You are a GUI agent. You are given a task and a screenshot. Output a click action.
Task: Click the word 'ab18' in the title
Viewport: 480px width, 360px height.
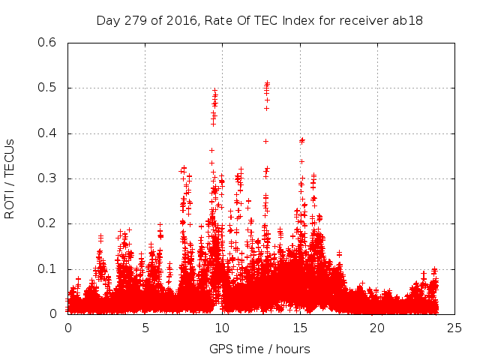[409, 20]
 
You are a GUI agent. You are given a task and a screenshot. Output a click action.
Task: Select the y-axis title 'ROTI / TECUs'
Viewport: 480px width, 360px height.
[10, 178]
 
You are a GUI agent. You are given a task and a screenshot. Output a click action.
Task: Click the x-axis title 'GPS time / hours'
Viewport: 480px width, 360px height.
[259, 349]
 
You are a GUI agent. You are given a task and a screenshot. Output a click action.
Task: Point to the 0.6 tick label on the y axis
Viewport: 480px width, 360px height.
[47, 43]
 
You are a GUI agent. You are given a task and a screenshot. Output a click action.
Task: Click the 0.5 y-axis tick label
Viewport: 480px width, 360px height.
[47, 88]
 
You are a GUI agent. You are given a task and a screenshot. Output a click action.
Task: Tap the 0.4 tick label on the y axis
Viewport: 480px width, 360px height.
[47, 133]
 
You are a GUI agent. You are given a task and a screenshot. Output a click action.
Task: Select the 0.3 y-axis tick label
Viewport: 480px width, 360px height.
[47, 178]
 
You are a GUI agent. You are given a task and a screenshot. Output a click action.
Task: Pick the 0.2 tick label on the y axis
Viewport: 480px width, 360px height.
[47, 223]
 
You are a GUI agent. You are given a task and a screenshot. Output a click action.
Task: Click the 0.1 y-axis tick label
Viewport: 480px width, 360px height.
[47, 269]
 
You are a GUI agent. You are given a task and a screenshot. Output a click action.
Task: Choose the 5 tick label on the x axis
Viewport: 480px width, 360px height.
[145, 328]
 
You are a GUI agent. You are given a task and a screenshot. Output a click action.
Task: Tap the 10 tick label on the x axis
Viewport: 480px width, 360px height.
[223, 328]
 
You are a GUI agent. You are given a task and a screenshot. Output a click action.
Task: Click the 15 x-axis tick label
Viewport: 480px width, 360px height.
[300, 328]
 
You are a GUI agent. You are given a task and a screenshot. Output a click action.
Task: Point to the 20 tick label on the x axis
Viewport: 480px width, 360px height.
[377, 328]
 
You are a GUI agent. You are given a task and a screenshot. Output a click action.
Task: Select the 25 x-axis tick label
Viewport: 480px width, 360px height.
[454, 328]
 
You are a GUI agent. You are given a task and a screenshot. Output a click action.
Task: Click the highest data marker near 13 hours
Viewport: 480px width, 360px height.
[267, 83]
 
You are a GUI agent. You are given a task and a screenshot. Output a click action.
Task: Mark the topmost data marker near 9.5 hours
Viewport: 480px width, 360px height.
[215, 91]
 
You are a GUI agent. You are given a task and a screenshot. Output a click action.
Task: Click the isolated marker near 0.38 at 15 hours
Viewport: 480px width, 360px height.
[302, 139]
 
